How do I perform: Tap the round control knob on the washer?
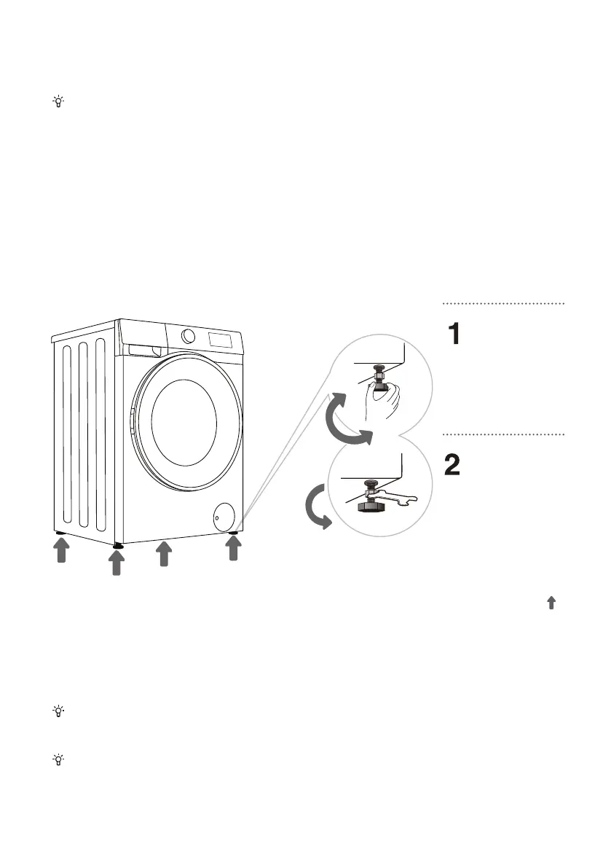(189, 336)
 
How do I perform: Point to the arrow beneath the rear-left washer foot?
(61, 552)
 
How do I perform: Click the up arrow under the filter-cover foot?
(233, 548)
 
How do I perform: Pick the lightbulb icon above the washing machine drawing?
(58, 102)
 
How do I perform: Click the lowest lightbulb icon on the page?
(58, 759)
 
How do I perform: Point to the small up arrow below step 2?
(551, 603)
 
